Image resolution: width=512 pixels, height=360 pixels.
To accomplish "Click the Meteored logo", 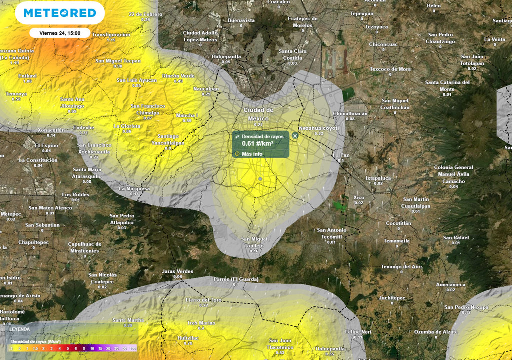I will [x=60, y=13].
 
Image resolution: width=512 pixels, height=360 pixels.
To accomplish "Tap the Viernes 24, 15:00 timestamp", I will [x=59, y=33].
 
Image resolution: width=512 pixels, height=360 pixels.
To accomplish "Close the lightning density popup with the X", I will [x=295, y=135].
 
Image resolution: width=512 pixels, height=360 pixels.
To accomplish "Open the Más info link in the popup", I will [x=252, y=154].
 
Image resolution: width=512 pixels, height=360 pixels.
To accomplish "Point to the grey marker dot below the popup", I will [x=260, y=178].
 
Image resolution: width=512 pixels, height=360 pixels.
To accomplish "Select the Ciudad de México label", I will [x=258, y=114].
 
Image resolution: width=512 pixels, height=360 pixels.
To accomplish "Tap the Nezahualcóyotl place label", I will [x=319, y=128].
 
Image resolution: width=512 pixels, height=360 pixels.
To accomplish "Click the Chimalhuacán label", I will [x=350, y=113].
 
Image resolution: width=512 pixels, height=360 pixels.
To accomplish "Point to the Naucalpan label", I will [x=206, y=89].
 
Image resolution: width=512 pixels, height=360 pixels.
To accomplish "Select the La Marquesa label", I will [x=134, y=189].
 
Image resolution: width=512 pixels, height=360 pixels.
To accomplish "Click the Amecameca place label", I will [x=450, y=285].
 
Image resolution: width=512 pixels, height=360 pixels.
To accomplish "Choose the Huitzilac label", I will [x=188, y=338].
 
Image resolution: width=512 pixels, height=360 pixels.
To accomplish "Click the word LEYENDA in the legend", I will [x=20, y=329].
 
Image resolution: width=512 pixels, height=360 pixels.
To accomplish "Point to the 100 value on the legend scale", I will [x=133, y=348].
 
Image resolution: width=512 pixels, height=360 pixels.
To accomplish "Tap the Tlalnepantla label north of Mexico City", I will [x=226, y=57].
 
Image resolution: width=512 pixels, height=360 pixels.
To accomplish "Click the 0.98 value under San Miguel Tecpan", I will [x=118, y=66].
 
